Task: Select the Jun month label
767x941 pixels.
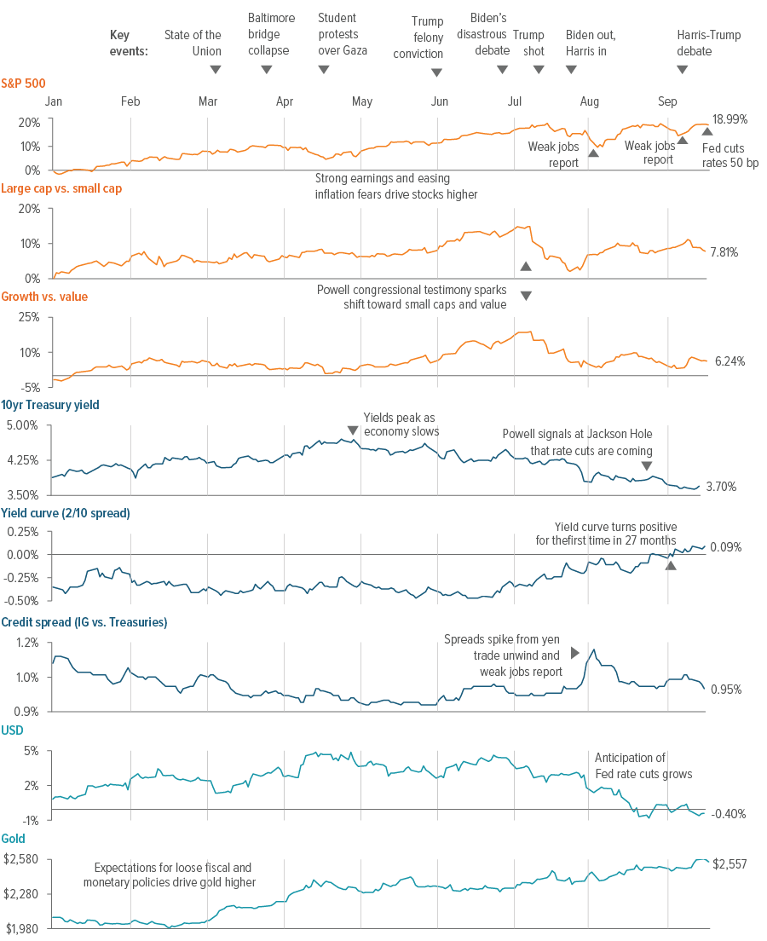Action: click(440, 102)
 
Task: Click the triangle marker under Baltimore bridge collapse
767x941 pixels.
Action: click(266, 69)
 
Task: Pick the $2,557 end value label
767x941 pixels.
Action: click(730, 863)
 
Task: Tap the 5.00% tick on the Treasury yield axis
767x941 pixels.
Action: click(23, 424)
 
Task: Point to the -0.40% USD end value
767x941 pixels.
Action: click(729, 813)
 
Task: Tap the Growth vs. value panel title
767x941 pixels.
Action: click(43, 297)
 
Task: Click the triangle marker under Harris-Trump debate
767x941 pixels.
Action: click(682, 69)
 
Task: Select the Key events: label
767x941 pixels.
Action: click(129, 43)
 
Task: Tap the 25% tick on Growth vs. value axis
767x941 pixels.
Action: click(29, 317)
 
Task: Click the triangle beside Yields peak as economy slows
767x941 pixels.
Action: click(352, 430)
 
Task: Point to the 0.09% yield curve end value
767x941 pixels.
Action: click(726, 547)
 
